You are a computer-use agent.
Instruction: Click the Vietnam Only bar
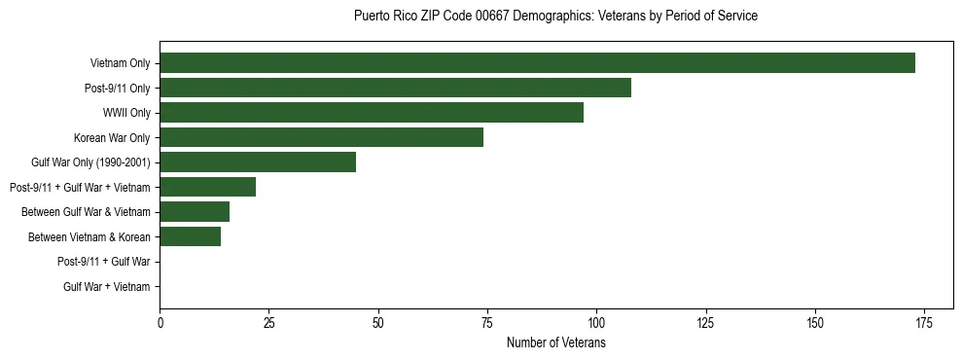(537, 63)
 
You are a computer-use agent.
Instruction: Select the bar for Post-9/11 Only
(395, 88)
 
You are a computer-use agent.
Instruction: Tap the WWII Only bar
(372, 113)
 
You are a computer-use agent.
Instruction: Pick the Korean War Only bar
(321, 137)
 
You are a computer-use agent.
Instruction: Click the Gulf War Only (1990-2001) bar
(258, 162)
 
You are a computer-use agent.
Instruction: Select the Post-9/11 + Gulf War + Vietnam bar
(207, 187)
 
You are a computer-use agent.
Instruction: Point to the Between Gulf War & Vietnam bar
(195, 211)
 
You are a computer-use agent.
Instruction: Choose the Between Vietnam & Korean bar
(190, 236)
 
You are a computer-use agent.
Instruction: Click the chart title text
(555, 17)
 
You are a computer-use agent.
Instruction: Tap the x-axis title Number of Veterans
(555, 343)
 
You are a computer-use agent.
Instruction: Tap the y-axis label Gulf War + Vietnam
(107, 286)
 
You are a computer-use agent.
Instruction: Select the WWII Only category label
(126, 113)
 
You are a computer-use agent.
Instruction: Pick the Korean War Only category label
(112, 137)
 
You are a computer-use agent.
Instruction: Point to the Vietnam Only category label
(121, 63)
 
